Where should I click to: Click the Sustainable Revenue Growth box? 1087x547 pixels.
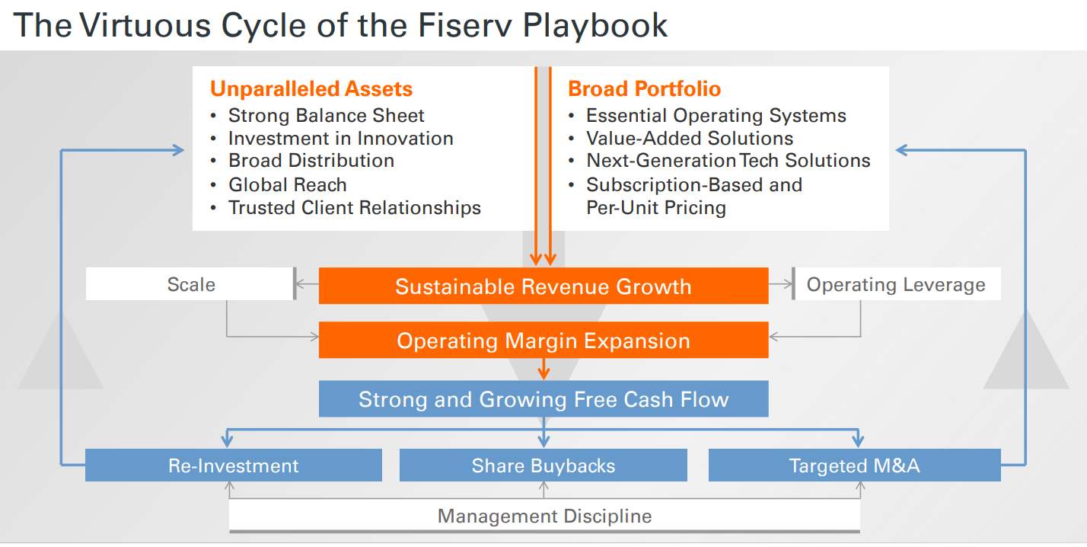click(x=543, y=286)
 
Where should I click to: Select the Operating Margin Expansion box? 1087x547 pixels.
click(x=543, y=341)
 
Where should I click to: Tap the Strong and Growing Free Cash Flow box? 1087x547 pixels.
click(x=543, y=399)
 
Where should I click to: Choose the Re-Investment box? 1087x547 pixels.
click(x=233, y=465)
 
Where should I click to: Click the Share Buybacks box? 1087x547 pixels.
click(x=543, y=465)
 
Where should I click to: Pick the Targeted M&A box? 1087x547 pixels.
click(x=854, y=465)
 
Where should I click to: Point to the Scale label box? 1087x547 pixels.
click(x=190, y=285)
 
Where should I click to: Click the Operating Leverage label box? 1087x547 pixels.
click(x=896, y=285)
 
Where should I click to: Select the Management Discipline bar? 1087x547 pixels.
click(x=544, y=517)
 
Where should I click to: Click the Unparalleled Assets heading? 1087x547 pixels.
click(x=311, y=89)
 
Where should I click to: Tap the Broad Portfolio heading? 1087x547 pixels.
click(x=644, y=89)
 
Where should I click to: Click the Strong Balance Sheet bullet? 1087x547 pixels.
click(x=326, y=116)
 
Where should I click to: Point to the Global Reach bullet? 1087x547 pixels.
click(x=287, y=185)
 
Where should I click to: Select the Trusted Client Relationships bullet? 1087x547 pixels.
click(x=354, y=208)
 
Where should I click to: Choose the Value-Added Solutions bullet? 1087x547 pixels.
click(x=689, y=139)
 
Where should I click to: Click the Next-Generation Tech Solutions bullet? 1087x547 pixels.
click(x=728, y=162)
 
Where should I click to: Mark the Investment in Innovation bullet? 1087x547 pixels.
click(x=340, y=139)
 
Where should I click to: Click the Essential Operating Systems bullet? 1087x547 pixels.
click(x=716, y=116)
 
